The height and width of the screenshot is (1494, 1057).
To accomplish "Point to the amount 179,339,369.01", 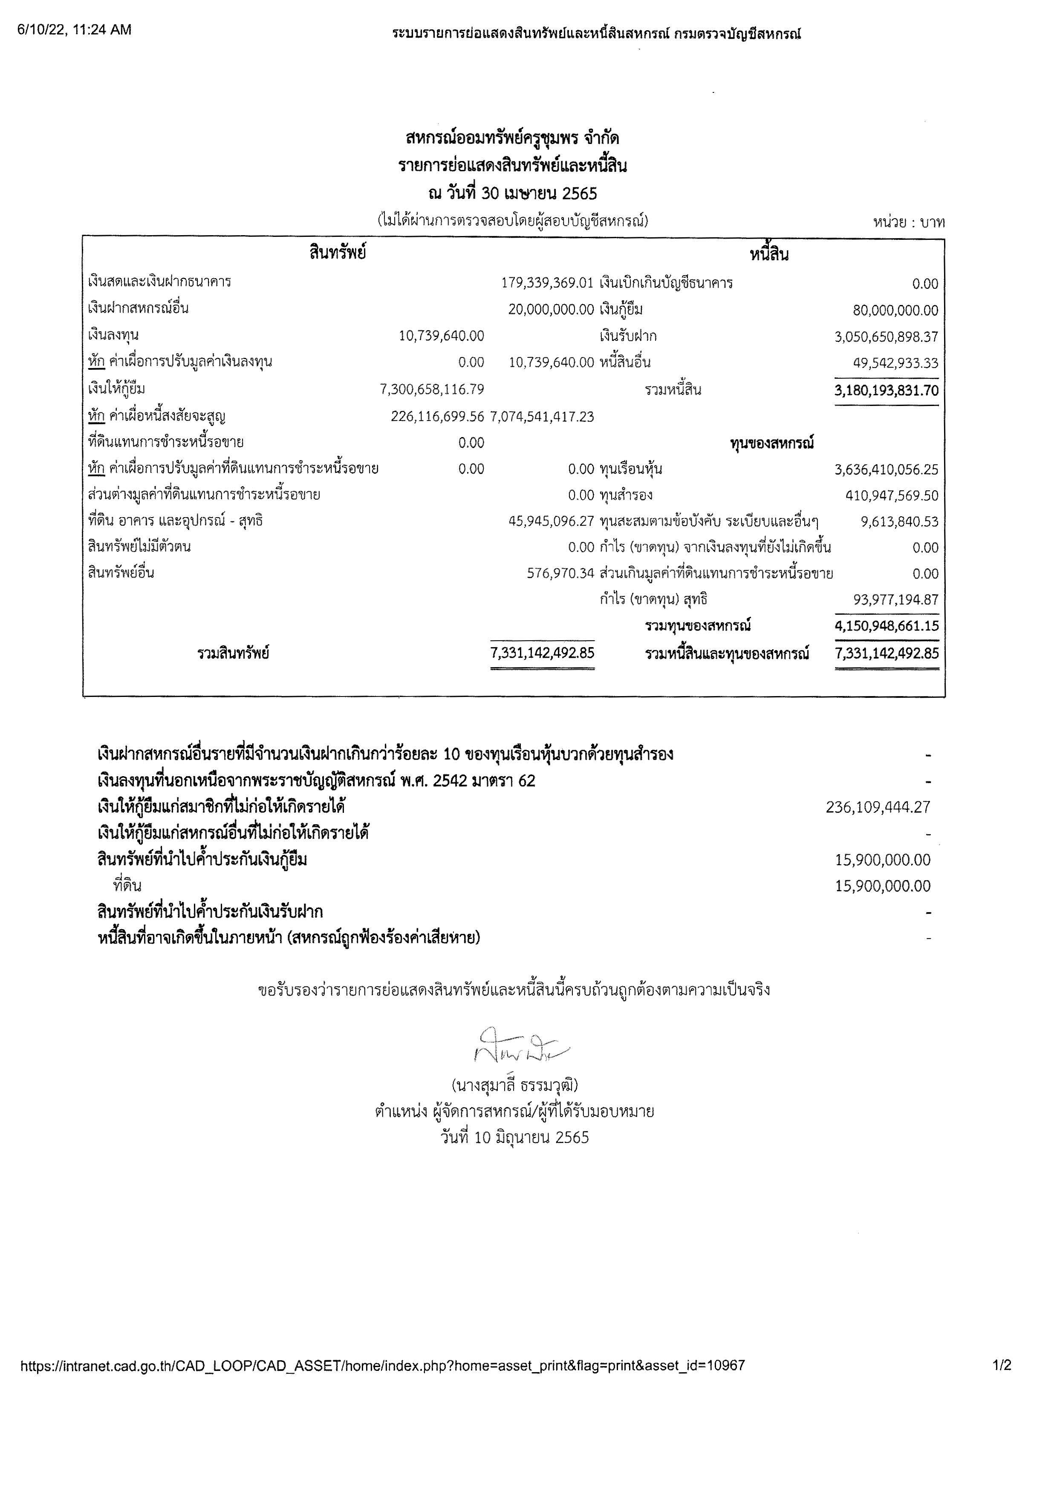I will [x=547, y=283].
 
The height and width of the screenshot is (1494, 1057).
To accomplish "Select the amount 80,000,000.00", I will [x=895, y=311].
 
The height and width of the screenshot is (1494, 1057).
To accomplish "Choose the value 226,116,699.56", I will [x=437, y=417].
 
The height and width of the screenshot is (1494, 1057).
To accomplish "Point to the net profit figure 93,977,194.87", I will [x=895, y=600].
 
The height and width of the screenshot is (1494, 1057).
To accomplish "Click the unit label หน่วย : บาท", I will [x=909, y=222].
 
